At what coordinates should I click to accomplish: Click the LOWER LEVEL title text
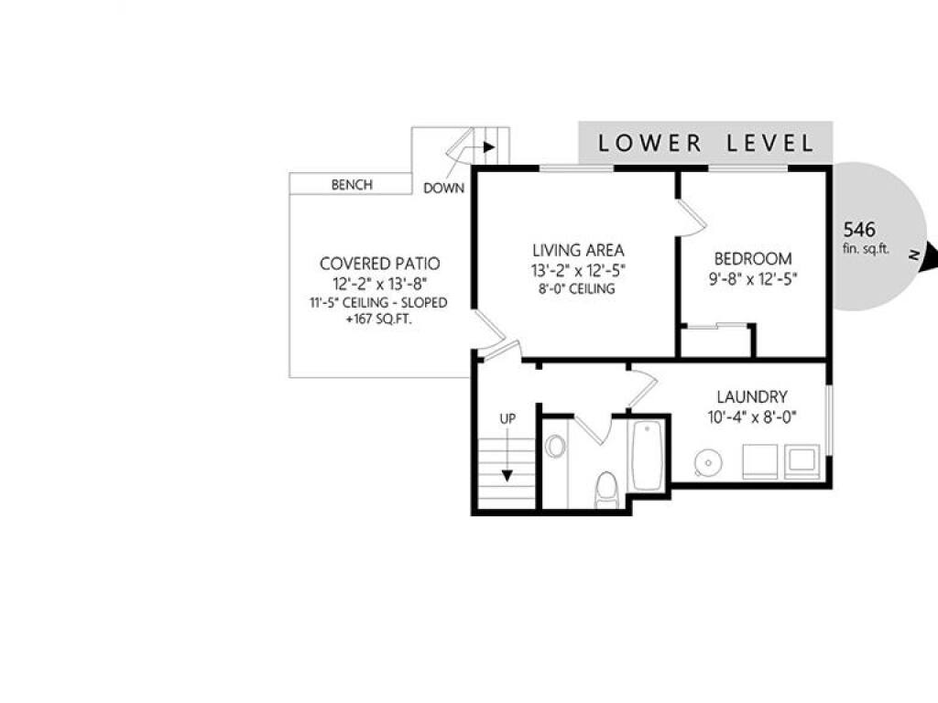(x=706, y=143)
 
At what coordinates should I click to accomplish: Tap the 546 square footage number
(x=859, y=229)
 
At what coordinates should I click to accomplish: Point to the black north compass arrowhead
(x=928, y=255)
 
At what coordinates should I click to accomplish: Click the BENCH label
(x=352, y=185)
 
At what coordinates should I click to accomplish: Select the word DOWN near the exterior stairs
(x=444, y=189)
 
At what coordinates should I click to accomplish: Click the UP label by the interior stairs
(x=507, y=419)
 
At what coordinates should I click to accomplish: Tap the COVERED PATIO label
(x=380, y=264)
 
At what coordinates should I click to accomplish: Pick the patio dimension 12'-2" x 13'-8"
(x=380, y=284)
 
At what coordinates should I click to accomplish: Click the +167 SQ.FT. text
(x=378, y=319)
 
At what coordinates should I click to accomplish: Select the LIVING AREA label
(x=578, y=250)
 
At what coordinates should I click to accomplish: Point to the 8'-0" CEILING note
(x=577, y=288)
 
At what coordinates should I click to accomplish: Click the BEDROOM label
(x=753, y=259)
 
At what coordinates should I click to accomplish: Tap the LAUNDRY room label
(x=752, y=397)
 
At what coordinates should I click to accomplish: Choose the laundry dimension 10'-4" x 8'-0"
(x=752, y=416)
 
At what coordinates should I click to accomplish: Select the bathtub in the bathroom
(x=648, y=455)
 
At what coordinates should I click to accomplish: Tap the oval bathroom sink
(x=555, y=446)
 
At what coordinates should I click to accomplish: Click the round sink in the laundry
(x=708, y=463)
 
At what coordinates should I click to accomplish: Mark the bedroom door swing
(x=693, y=218)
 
